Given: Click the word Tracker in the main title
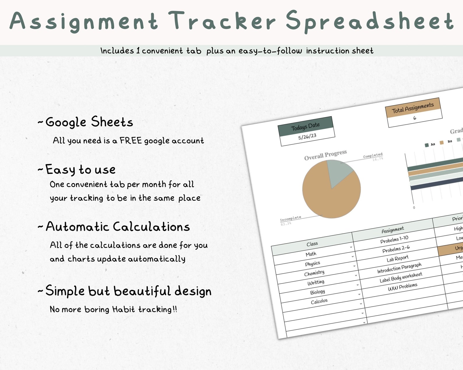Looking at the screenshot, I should click(222, 21).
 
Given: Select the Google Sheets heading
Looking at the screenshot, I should click(89, 122).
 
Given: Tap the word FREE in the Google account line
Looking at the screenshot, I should click(131, 141).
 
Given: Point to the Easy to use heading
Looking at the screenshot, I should click(80, 170).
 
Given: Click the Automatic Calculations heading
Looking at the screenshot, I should click(118, 227).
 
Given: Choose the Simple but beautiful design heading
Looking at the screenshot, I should click(128, 291).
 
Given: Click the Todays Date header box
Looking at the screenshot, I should click(306, 126).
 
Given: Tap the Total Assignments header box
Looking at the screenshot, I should click(413, 108).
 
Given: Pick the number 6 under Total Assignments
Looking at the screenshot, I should click(415, 118).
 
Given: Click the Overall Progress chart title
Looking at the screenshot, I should click(325, 155).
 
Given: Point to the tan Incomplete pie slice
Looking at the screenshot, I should click(327, 198).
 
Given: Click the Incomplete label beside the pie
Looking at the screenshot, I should click(290, 218).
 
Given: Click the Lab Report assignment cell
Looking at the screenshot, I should click(398, 258).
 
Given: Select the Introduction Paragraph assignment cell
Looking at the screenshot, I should click(399, 268).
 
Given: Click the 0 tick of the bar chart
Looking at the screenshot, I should click(414, 208).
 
